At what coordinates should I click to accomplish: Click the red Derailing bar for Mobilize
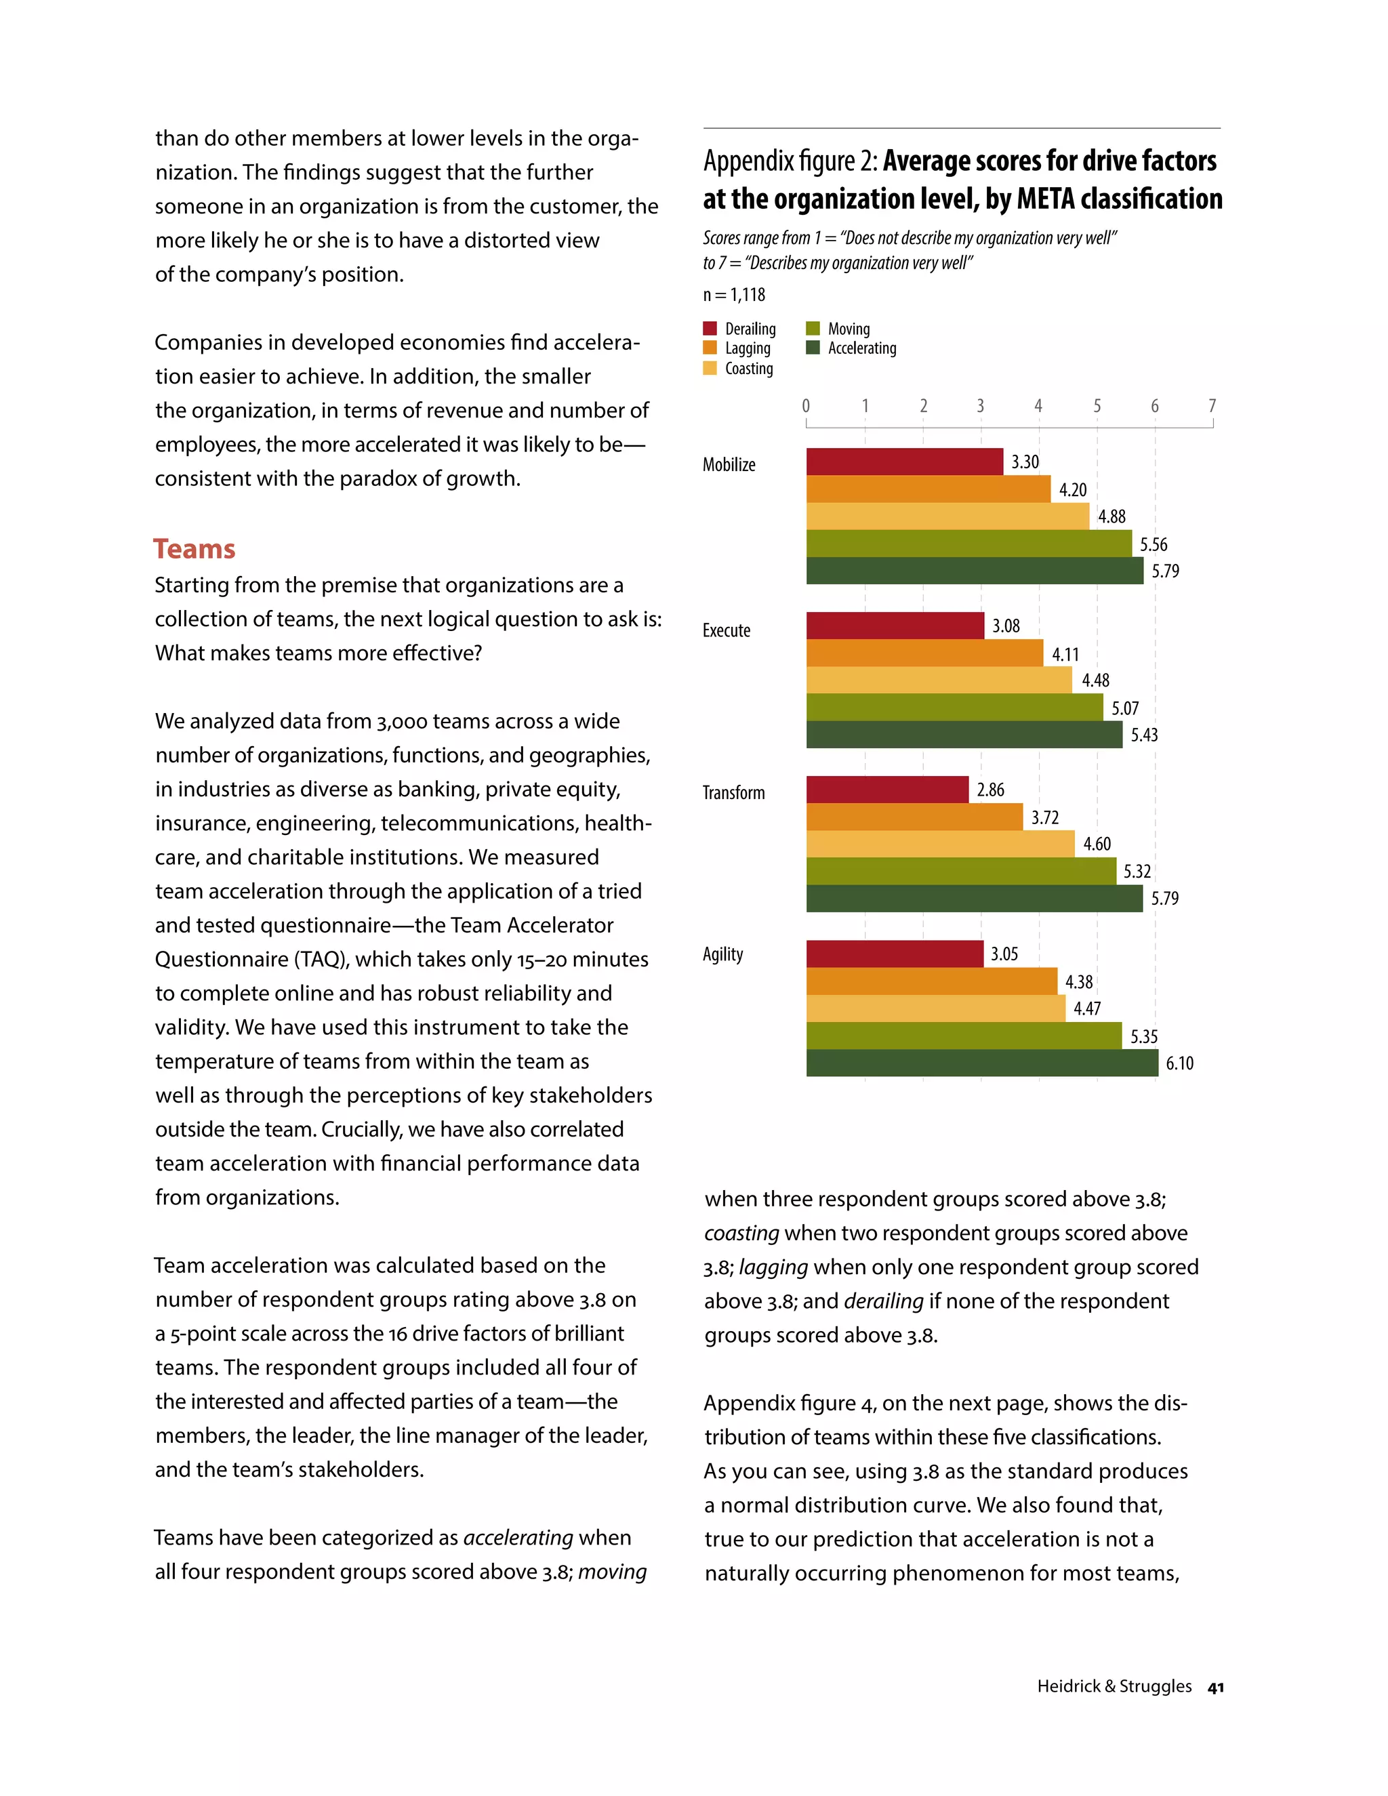point(905,462)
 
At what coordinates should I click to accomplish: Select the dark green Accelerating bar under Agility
point(982,1063)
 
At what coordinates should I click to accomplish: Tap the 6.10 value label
point(1179,1063)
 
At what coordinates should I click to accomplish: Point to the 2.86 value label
point(990,790)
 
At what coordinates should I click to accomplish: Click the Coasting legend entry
point(739,369)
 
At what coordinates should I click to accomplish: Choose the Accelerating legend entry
point(852,348)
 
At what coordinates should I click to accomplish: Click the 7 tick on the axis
point(1212,405)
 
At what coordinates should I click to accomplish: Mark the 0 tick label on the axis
point(806,405)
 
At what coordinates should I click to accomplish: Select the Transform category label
point(733,793)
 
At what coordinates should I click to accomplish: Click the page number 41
point(1215,1688)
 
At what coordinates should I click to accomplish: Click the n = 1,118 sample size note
point(733,294)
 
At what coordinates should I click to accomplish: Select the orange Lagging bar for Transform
point(914,817)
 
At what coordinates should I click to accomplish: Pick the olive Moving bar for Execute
point(954,707)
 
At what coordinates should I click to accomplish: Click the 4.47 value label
point(1087,1008)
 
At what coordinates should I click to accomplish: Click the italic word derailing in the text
point(883,1301)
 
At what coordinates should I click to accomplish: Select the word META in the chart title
point(1046,199)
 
